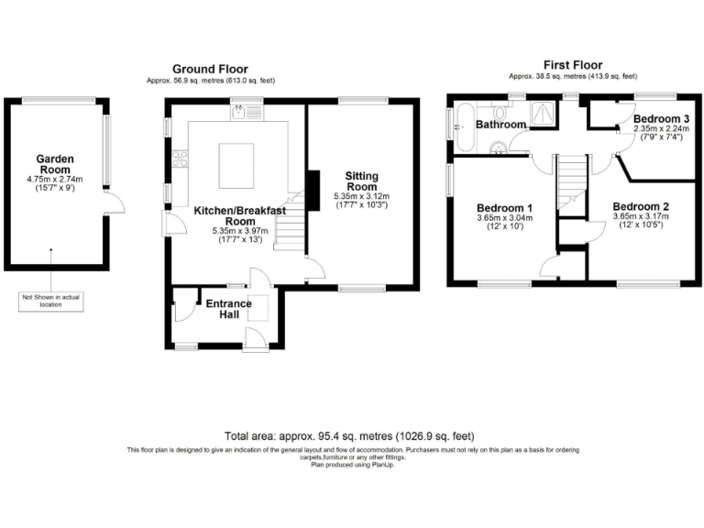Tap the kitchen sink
[x=237, y=114]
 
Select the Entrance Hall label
[x=228, y=309]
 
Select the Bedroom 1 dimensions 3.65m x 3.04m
[x=504, y=219]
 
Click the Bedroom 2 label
[x=640, y=206]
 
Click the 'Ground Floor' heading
[x=210, y=69]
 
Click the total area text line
[x=351, y=436]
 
